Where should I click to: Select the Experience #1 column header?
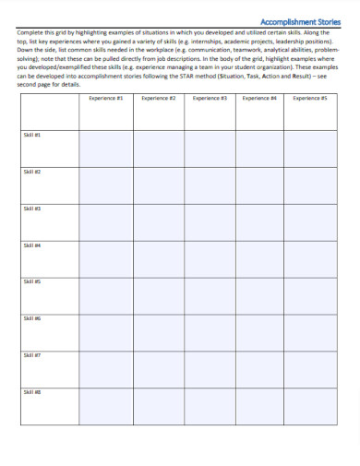pyautogui.click(x=105, y=97)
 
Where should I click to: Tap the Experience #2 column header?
pyautogui.click(x=158, y=97)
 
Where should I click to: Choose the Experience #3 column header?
pyautogui.click(x=210, y=97)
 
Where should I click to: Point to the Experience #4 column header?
pyautogui.click(x=259, y=97)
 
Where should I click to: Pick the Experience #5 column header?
pyautogui.click(x=310, y=97)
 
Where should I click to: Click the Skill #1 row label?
pyautogui.click(x=31, y=135)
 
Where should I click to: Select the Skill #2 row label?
pyautogui.click(x=31, y=172)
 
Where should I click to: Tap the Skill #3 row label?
pyautogui.click(x=31, y=209)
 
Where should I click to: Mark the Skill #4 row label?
pyautogui.click(x=31, y=245)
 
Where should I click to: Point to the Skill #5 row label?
pyautogui.click(x=31, y=281)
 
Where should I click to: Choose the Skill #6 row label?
pyautogui.click(x=31, y=318)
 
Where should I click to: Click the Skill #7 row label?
pyautogui.click(x=31, y=355)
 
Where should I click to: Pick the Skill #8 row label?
pyautogui.click(x=31, y=392)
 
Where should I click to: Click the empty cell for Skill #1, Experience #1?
pyautogui.click(x=105, y=148)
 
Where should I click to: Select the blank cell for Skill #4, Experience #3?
pyautogui.click(x=210, y=258)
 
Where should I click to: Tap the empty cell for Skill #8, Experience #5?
pyautogui.click(x=310, y=406)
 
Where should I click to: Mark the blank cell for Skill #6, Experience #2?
pyautogui.click(x=158, y=332)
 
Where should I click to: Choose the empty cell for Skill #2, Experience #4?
pyautogui.click(x=259, y=185)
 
